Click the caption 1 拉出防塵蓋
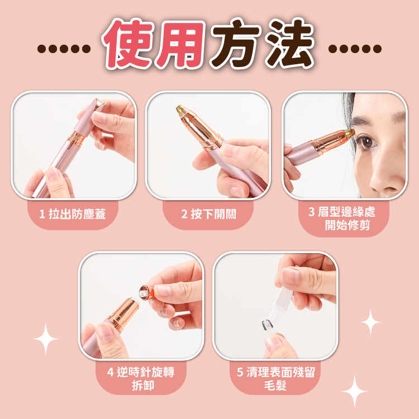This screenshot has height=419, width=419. [73, 214]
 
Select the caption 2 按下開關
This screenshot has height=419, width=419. [209, 214]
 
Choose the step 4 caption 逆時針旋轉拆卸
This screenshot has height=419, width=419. [141, 378]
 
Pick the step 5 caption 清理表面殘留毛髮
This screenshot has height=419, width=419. [276, 378]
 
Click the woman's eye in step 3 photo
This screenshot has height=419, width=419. [366, 142]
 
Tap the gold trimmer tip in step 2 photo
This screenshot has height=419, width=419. [182, 110]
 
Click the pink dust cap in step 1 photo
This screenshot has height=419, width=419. [89, 117]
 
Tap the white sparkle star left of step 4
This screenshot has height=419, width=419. [46, 339]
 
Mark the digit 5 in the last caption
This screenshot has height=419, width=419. [240, 372]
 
